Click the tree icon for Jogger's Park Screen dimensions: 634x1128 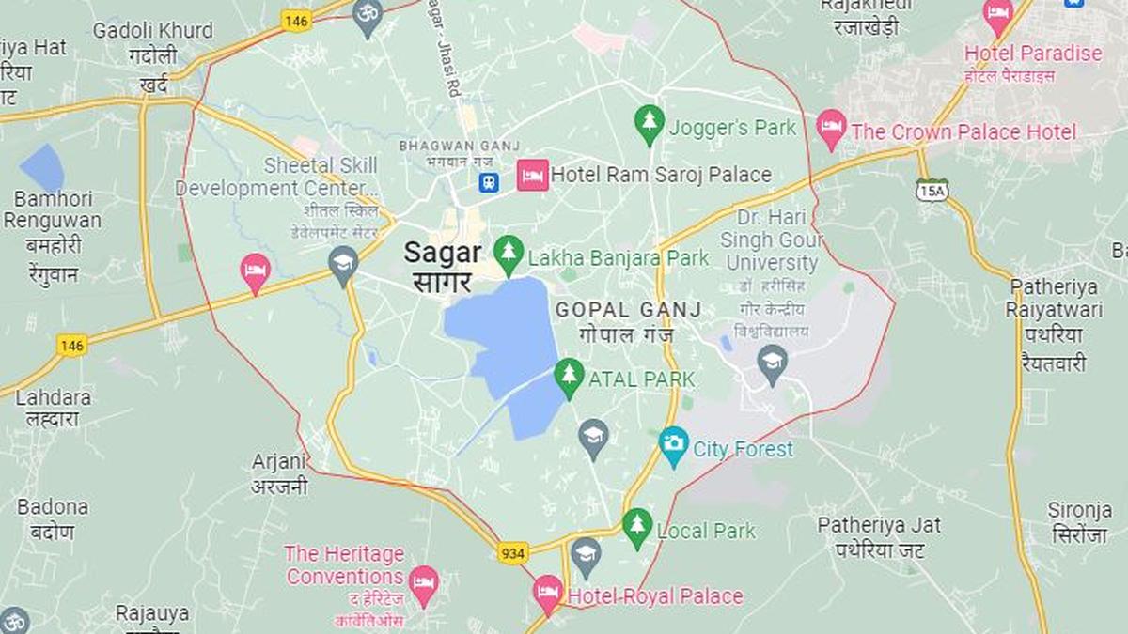click(649, 123)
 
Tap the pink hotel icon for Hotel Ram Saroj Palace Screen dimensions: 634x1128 click(532, 175)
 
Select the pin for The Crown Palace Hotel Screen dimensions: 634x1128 click(831, 128)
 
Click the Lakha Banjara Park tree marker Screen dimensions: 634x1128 click(509, 253)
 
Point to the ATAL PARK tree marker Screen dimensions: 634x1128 click(568, 376)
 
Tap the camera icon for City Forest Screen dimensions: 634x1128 click(673, 445)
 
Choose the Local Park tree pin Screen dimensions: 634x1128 click(637, 527)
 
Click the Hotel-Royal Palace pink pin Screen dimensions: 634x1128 click(547, 593)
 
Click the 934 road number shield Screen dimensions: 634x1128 click(512, 552)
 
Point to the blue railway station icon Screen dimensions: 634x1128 click(488, 181)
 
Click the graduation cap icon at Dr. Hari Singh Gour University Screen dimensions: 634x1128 click(773, 362)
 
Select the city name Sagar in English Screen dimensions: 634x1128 click(443, 253)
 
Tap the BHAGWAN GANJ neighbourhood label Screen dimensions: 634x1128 click(447, 146)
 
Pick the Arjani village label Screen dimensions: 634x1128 click(279, 461)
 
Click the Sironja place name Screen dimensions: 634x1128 click(1080, 510)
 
